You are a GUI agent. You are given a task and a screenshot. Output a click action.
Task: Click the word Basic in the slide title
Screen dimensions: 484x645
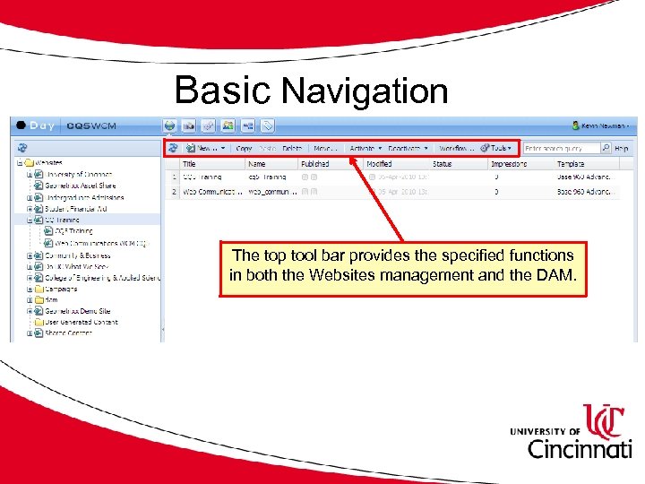coord(223,91)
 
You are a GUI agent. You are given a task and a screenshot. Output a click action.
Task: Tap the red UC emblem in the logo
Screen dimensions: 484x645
coord(607,420)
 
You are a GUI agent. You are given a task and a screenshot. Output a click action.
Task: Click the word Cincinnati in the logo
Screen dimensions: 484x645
coord(579,448)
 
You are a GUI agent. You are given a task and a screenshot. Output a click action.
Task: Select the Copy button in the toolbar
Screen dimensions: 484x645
coord(243,148)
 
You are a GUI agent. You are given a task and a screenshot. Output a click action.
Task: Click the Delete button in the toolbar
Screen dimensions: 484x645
coord(292,148)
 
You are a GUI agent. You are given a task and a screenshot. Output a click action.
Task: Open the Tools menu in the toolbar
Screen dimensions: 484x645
coord(498,148)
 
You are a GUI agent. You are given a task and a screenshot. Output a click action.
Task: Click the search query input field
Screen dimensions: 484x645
coord(561,148)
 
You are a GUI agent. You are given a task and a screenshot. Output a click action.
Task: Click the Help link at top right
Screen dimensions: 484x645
coord(622,148)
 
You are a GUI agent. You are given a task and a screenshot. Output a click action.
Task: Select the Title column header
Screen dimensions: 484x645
coord(189,164)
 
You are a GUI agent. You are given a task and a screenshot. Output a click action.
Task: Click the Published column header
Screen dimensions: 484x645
coord(315,164)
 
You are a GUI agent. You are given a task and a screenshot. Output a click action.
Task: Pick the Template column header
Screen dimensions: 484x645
coord(571,164)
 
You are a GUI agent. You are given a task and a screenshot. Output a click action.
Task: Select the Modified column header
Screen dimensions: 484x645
coord(379,164)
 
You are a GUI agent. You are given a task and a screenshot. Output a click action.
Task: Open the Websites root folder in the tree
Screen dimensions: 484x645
coord(49,163)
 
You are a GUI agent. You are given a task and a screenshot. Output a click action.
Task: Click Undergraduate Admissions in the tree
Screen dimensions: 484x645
coord(85,197)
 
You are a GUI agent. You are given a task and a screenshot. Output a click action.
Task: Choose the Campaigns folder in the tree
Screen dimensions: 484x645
coord(62,289)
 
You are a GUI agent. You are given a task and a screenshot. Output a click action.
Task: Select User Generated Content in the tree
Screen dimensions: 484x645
coord(82,322)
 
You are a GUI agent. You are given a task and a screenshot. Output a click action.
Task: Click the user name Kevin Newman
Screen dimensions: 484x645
coord(604,125)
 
